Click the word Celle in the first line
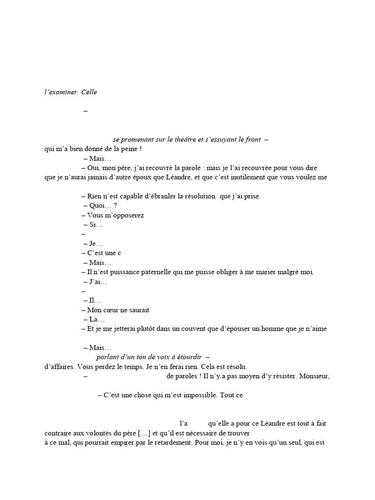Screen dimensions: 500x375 [89, 92]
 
